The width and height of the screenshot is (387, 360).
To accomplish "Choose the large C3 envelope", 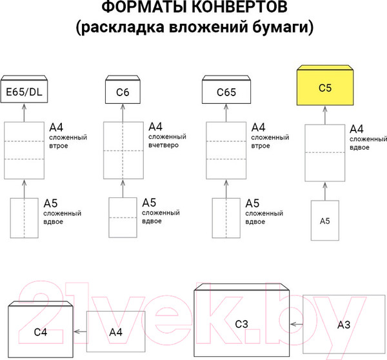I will (241, 323).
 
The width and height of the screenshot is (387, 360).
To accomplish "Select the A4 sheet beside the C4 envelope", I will (115, 332).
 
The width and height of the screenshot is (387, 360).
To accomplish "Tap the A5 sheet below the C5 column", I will (325, 221).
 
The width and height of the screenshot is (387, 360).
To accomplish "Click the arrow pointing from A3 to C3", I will (297, 324).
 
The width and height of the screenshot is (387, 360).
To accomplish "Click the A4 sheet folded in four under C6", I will (123, 150).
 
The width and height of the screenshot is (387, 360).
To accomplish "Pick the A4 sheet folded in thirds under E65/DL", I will (25, 150).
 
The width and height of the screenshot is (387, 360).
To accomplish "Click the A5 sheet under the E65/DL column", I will (25, 218).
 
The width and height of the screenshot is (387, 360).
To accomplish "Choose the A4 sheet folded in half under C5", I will (325, 153).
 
